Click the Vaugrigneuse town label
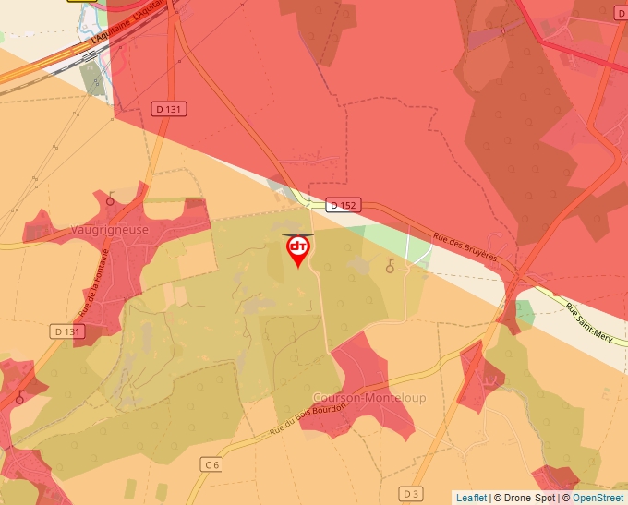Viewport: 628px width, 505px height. (x=110, y=230)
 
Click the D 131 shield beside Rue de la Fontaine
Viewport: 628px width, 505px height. (x=66, y=331)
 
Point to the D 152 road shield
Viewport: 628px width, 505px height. (x=341, y=206)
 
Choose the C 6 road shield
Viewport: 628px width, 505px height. (x=212, y=464)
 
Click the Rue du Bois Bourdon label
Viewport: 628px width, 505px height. (x=308, y=421)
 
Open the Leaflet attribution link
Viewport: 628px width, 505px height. (x=471, y=498)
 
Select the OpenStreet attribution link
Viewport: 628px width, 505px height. (x=598, y=498)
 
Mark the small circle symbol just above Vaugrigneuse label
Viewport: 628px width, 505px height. (x=111, y=198)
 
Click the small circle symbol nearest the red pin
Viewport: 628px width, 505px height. (x=389, y=268)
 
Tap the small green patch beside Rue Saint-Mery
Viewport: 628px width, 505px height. (x=525, y=311)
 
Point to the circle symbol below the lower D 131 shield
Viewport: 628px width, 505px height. (x=18, y=399)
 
